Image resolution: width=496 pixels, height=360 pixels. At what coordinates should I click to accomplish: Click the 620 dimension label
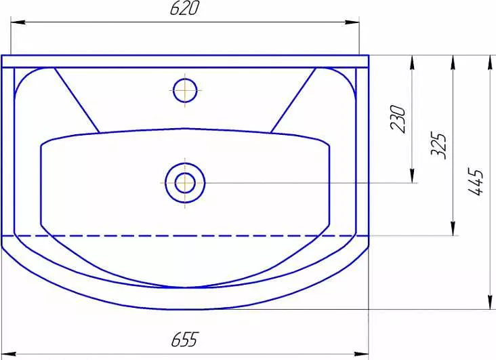pyautogui.click(x=185, y=8)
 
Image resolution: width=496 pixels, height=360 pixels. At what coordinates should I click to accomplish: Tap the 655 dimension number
pyautogui.click(x=185, y=340)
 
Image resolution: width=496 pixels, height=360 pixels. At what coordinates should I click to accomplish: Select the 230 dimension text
pyautogui.click(x=398, y=119)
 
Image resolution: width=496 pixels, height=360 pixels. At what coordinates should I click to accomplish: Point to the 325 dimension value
pyautogui.click(x=439, y=145)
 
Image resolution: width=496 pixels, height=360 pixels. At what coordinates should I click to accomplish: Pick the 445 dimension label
pyautogui.click(x=476, y=182)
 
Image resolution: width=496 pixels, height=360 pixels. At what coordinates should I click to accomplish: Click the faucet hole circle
pyautogui.click(x=185, y=90)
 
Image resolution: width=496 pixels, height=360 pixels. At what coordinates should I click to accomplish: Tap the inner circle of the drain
pyautogui.click(x=185, y=183)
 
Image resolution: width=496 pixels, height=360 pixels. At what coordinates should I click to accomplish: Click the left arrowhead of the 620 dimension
pyautogui.click(x=18, y=22)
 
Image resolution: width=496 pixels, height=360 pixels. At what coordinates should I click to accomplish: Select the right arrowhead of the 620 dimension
pyautogui.click(x=352, y=22)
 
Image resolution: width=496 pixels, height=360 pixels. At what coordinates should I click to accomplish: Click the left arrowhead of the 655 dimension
pyautogui.click(x=9, y=354)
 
